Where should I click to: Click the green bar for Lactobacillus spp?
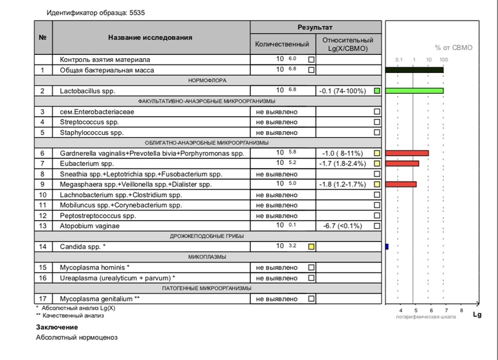pos(414,91)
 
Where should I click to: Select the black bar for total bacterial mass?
pos(414,70)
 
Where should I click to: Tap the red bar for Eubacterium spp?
pos(402,164)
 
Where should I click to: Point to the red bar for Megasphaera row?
pos(400,184)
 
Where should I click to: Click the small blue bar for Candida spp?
pos(386,246)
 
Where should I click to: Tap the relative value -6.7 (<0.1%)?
pos(342,226)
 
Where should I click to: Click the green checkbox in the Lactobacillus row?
pos(377,91)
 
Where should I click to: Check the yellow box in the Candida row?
pos(311,246)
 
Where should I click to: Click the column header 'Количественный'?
pos(282,44)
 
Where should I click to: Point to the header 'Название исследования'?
pos(150,37)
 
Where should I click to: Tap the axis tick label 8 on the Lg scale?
pos(461,311)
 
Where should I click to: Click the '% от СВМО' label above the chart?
pos(455,47)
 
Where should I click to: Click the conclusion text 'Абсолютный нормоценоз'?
pos(77,337)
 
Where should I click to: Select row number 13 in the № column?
pos(43,226)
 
